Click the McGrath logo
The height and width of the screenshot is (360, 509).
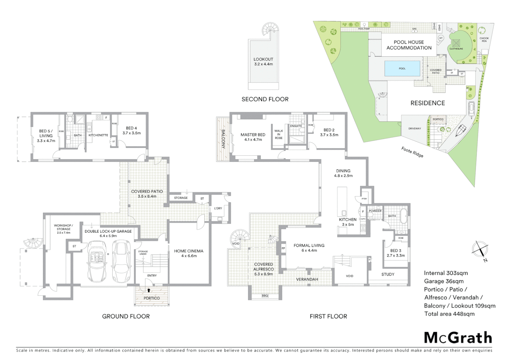pos(458,338)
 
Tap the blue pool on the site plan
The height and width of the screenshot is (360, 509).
pos(402,68)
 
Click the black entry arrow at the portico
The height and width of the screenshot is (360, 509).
pos(149,290)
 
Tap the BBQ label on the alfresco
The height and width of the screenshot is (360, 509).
pos(265,296)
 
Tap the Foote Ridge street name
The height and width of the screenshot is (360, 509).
pos(412,152)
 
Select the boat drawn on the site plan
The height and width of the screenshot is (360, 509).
pos(461,130)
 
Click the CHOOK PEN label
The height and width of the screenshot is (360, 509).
pos(484,40)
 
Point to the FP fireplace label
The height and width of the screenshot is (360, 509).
pos(283,248)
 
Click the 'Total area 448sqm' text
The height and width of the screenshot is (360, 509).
pos(449,314)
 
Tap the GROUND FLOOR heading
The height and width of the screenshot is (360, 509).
pos(126,316)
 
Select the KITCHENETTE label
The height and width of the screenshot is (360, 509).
pos(98,135)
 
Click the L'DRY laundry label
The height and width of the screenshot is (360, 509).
pos(218,208)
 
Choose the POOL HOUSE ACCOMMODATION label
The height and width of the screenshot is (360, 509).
pos(409,45)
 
